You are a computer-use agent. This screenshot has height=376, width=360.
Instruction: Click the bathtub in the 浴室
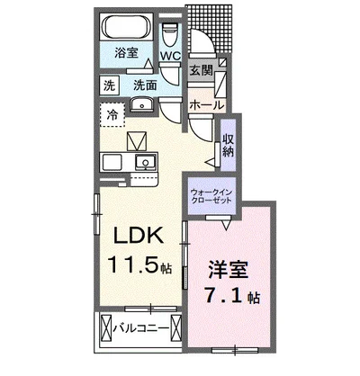click(126, 26)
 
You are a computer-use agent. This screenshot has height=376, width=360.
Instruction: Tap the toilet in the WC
click(170, 34)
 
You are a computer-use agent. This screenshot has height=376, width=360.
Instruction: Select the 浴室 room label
click(126, 53)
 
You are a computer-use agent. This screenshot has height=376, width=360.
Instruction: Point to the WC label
click(170, 56)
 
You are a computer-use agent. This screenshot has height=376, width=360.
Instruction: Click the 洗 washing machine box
click(110, 85)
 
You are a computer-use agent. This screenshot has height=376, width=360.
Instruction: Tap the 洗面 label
click(145, 85)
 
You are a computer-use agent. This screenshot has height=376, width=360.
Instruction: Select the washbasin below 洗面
click(142, 105)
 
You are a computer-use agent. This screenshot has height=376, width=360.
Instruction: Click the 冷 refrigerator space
click(112, 115)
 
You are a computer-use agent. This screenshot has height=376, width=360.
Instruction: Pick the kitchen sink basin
click(146, 162)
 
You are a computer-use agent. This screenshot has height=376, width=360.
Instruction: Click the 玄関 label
click(201, 71)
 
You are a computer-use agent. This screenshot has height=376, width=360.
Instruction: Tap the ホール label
click(207, 105)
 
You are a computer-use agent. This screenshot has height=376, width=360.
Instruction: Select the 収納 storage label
click(228, 145)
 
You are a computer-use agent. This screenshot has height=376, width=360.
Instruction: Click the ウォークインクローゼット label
click(211, 196)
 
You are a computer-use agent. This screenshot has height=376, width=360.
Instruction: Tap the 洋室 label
click(229, 270)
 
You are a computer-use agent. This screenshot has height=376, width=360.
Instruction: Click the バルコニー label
click(141, 328)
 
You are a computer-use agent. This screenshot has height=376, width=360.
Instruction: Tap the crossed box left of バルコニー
click(105, 327)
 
